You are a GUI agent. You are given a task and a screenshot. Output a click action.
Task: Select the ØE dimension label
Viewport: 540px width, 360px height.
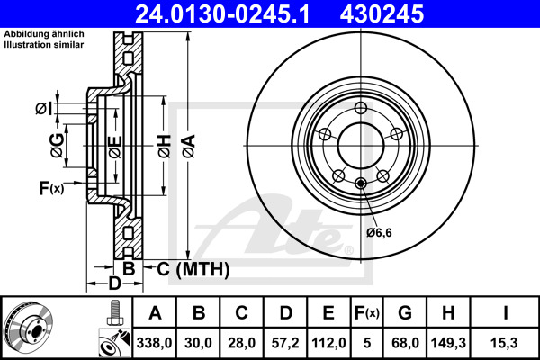(x=114, y=146)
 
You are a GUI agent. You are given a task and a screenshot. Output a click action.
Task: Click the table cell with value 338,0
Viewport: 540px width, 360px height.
(x=154, y=342)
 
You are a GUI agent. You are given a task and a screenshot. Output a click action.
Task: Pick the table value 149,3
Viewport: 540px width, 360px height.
(x=449, y=342)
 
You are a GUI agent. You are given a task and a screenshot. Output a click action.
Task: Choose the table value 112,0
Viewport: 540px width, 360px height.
(x=328, y=342)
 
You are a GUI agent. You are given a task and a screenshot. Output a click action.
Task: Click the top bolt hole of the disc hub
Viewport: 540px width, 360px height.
(x=361, y=109)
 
